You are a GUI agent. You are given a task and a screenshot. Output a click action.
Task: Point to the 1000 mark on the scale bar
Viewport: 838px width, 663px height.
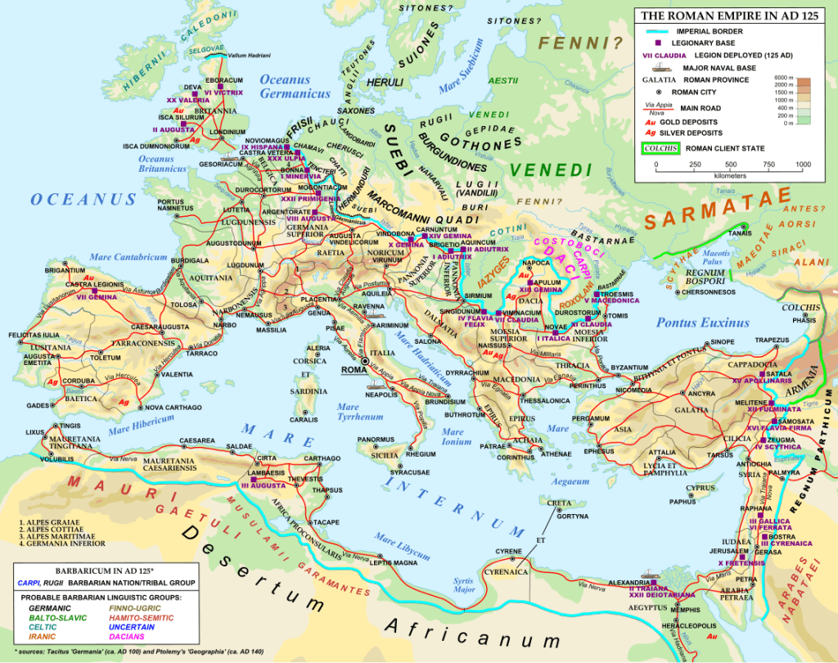point(803,165)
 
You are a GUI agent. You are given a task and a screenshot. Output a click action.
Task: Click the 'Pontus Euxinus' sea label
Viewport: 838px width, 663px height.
point(702,322)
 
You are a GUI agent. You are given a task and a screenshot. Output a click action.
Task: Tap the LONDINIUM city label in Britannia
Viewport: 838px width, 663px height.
point(227,131)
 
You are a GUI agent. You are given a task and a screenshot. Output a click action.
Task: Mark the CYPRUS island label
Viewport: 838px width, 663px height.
point(701,489)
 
